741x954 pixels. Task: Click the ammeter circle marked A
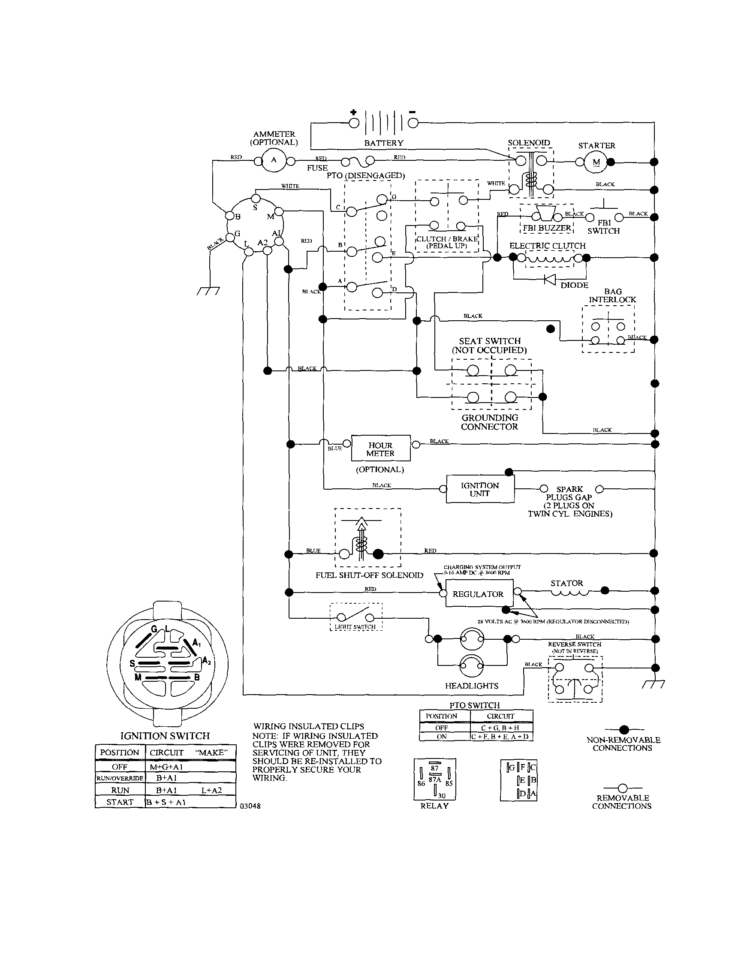point(274,160)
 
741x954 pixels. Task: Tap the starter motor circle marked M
point(596,162)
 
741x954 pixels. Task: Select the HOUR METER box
point(380,448)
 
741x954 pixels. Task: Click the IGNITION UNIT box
point(480,489)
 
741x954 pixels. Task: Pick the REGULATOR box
point(479,594)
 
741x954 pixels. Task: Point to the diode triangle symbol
point(550,279)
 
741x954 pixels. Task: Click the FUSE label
point(317,168)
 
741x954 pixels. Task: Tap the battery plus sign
point(353,112)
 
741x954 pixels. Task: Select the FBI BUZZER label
point(547,228)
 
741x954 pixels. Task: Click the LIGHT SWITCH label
point(355,627)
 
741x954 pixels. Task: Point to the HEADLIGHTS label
point(471,686)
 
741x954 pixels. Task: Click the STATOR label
point(566,583)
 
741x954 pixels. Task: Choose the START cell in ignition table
point(120,802)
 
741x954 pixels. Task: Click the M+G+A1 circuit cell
point(166,767)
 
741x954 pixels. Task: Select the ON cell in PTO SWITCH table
point(442,737)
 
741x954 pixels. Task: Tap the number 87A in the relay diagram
point(435,779)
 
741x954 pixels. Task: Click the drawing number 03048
point(250,806)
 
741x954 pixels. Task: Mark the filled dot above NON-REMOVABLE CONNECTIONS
point(624,729)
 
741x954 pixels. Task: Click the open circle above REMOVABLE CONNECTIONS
point(623,788)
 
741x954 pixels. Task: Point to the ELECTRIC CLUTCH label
point(547,246)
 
